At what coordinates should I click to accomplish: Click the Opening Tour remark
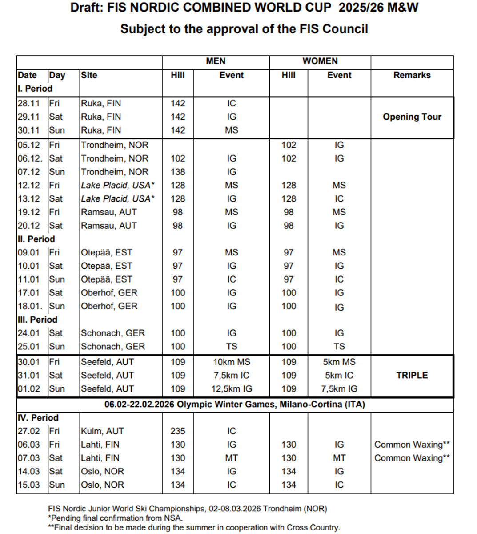pyautogui.click(x=412, y=117)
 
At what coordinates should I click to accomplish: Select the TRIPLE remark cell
pyautogui.click(x=412, y=376)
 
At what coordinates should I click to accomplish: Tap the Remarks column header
pyautogui.click(x=412, y=75)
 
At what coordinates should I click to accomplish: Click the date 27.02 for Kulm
pyautogui.click(x=29, y=431)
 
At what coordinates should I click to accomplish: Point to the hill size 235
pyautogui.click(x=178, y=431)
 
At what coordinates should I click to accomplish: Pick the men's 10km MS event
pyautogui.click(x=231, y=362)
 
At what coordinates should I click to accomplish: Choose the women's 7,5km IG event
pyautogui.click(x=339, y=389)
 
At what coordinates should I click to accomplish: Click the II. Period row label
pyautogui.click(x=36, y=239)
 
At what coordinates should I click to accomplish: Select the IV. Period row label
pyautogui.click(x=38, y=418)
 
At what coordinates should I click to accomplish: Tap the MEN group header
pyautogui.click(x=216, y=61)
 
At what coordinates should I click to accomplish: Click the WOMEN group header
pyautogui.click(x=320, y=61)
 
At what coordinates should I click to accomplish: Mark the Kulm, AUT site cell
pyautogui.click(x=102, y=431)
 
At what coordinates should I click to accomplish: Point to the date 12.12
pyautogui.click(x=29, y=186)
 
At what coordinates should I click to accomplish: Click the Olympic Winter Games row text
pyautogui.click(x=235, y=405)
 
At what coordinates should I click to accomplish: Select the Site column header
pyautogui.click(x=89, y=75)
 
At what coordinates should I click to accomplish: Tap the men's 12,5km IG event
pyautogui.click(x=231, y=389)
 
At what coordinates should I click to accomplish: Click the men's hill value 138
pyautogui.click(x=178, y=172)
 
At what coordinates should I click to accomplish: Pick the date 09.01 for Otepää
pyautogui.click(x=29, y=253)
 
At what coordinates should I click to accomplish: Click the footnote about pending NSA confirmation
pyautogui.click(x=115, y=518)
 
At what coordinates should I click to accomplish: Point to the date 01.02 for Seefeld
pyautogui.click(x=29, y=389)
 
